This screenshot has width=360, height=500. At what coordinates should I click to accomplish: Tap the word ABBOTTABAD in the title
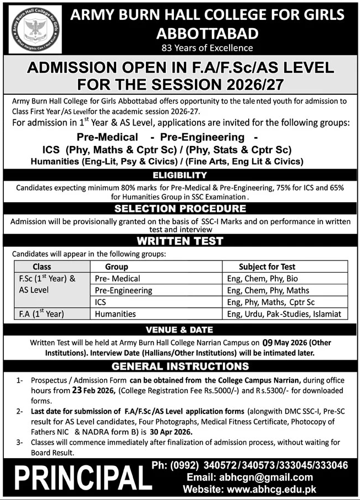[x=207, y=34]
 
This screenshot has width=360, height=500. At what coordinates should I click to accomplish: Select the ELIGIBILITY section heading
[x=180, y=175]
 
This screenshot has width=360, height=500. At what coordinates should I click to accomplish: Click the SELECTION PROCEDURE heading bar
[x=180, y=209]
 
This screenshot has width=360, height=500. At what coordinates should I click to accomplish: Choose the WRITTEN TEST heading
[x=180, y=241]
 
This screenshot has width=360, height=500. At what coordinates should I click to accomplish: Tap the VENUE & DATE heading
[x=180, y=330]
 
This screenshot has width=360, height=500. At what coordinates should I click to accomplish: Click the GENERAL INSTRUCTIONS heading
[x=180, y=366]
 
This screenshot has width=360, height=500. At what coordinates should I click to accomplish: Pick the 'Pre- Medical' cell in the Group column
[x=118, y=279]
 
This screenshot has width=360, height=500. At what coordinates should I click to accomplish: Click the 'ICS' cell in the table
[x=100, y=302]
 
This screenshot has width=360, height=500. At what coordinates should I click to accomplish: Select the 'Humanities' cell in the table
[x=115, y=314]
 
